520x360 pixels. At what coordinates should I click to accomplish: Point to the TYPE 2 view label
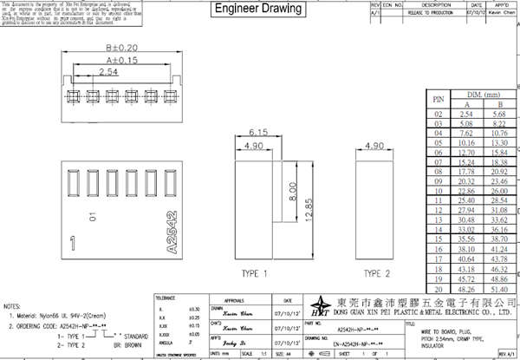pyautogui.click(x=376, y=273)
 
